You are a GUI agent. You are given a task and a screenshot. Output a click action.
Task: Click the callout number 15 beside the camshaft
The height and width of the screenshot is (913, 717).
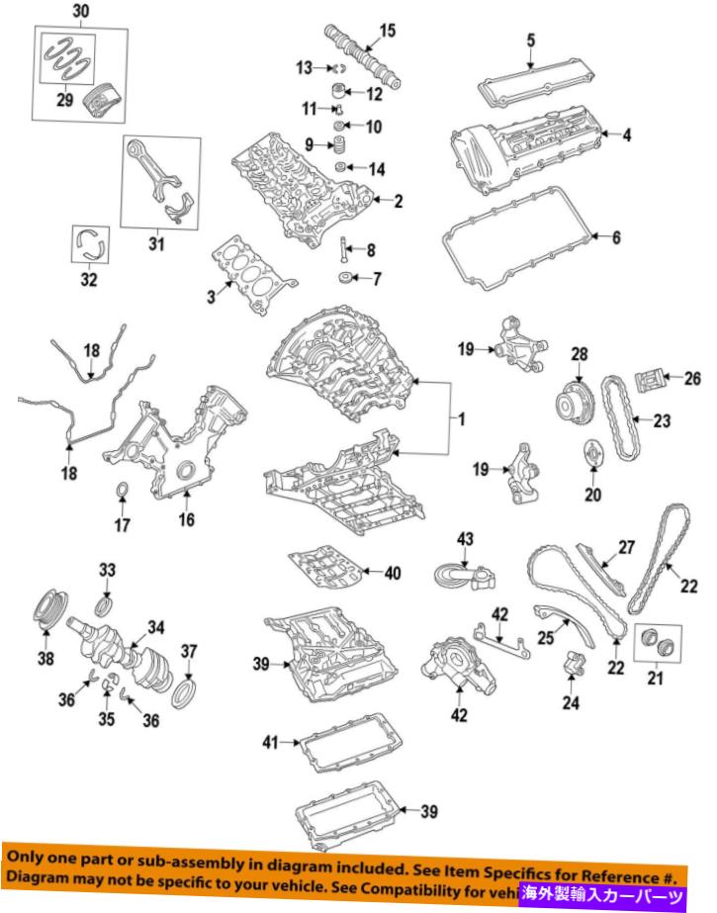387,31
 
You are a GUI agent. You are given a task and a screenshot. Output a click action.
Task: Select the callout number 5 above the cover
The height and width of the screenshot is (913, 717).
530,41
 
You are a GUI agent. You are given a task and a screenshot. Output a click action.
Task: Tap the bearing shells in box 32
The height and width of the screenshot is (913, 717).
90,243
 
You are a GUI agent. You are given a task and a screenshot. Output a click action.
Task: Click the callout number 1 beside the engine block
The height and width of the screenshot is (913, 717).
459,420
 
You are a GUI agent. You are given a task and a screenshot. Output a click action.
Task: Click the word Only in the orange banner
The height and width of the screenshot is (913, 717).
29,855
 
